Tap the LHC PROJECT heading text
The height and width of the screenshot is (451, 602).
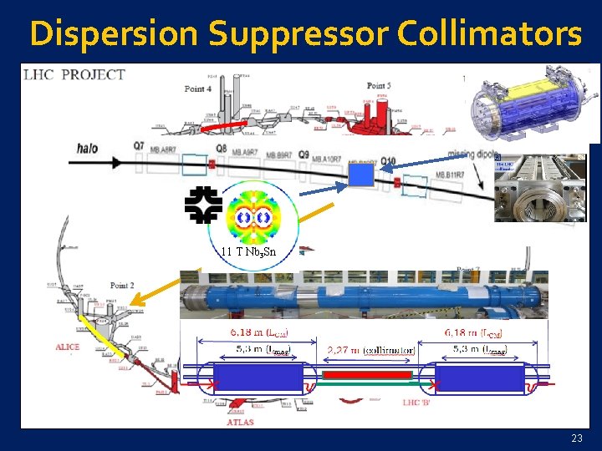(75, 74)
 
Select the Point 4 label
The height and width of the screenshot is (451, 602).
(197, 89)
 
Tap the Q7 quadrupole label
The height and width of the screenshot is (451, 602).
(139, 145)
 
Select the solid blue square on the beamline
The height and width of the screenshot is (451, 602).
(360, 175)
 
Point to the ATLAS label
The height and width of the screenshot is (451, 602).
(240, 422)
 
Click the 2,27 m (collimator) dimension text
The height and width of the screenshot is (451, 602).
(371, 350)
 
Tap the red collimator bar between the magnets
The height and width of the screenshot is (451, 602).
(368, 375)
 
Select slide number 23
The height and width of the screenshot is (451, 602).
(577, 438)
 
